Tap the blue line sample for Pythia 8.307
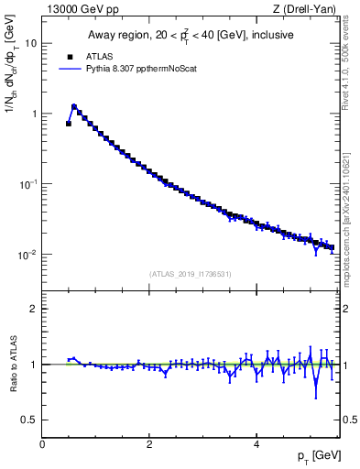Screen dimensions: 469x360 (69, 68)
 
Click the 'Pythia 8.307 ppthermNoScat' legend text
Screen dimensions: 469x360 (140, 68)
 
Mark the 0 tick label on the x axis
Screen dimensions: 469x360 (42, 443)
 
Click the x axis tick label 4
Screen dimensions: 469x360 (256, 443)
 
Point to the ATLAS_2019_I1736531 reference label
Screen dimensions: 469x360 (191, 274)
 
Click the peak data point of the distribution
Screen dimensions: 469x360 (74, 106)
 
